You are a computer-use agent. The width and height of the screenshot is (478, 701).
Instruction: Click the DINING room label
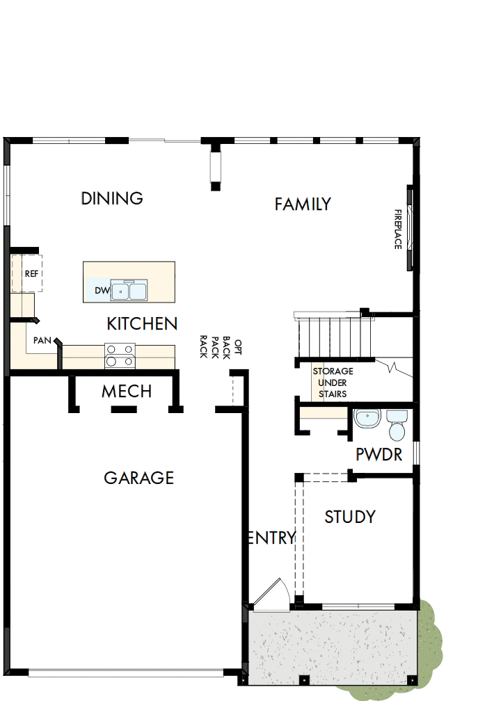(112, 198)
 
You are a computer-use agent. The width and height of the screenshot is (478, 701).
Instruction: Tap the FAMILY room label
(302, 204)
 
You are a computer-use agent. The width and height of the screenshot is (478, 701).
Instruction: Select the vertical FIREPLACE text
(398, 229)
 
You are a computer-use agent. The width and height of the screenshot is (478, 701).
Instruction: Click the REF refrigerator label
(31, 274)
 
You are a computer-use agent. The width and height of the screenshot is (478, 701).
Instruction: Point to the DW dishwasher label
(102, 290)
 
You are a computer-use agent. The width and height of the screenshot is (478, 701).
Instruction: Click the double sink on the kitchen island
(129, 290)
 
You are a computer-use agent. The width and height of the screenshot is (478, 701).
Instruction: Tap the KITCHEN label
(142, 323)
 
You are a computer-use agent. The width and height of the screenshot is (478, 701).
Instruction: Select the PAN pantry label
(41, 341)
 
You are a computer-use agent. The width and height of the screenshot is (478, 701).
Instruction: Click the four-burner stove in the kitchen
(120, 355)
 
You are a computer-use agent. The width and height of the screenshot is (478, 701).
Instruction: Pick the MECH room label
(127, 392)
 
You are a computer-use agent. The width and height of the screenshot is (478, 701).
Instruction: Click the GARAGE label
(138, 478)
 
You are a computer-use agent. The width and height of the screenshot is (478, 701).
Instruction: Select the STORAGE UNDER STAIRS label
(333, 382)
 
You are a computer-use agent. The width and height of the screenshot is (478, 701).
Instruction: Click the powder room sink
(366, 419)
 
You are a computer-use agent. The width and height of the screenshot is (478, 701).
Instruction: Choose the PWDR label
(379, 455)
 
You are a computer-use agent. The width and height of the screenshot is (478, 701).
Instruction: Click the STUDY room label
(350, 517)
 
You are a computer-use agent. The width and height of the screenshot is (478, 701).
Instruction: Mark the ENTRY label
(272, 538)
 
